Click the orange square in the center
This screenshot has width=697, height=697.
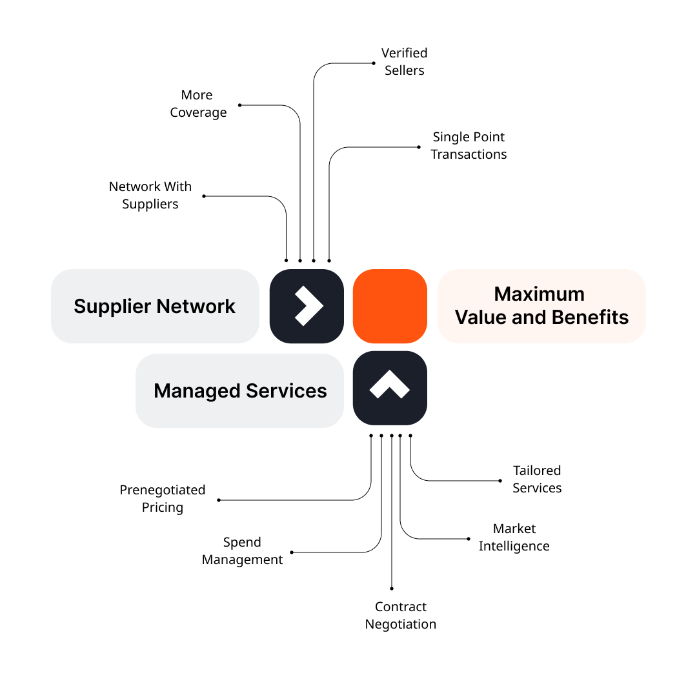[x=390, y=306]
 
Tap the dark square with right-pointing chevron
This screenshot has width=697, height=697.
[x=307, y=306]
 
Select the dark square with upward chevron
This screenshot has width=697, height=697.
[x=390, y=388]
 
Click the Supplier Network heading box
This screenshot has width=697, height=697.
[x=155, y=306]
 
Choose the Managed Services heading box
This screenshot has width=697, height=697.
[x=239, y=390]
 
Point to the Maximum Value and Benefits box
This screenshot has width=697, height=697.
[x=541, y=306]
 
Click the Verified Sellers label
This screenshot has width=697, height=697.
[x=405, y=61]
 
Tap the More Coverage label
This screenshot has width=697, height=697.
[x=198, y=103]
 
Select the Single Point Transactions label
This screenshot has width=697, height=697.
[x=469, y=145]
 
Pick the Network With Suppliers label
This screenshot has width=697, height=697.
[x=150, y=195]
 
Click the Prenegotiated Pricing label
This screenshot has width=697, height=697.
[x=163, y=498]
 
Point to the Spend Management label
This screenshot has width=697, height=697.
[x=242, y=551]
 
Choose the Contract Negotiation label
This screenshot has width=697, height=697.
[x=401, y=615]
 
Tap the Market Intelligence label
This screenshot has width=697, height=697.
[x=514, y=537]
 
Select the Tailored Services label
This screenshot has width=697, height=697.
[x=537, y=479]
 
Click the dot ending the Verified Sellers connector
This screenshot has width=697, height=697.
[x=374, y=63]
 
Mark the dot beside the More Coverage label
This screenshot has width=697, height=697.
[x=239, y=105]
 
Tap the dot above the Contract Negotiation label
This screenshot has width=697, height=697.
[x=392, y=589]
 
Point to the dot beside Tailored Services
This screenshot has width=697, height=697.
[x=500, y=480]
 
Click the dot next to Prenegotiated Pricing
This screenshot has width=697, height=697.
[x=219, y=500]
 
